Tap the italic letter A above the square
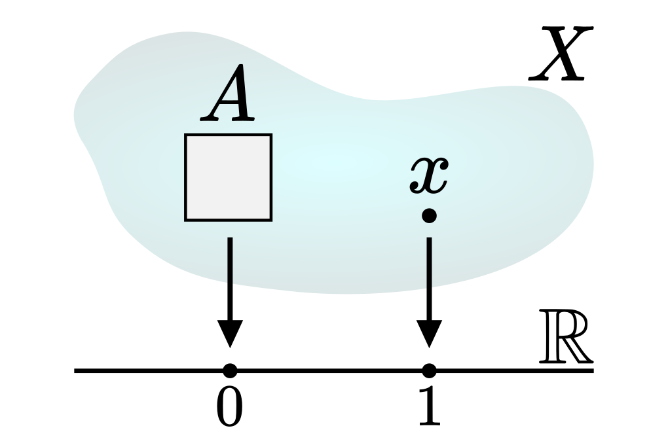coord(229,102)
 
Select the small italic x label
coord(429,176)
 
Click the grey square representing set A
coord(228,177)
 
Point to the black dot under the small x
coord(429,215)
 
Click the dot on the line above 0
coord(229,371)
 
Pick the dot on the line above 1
coord(429,371)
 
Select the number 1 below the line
coord(429,408)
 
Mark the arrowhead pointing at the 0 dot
coord(229,333)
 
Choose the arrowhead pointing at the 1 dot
coord(429,333)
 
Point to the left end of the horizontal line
coord(76,371)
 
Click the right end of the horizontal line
coord(592,371)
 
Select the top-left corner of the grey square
coord(186,135)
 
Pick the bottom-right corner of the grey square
coord(270,219)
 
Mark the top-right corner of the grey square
coord(270,135)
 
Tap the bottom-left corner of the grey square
coord(186,219)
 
